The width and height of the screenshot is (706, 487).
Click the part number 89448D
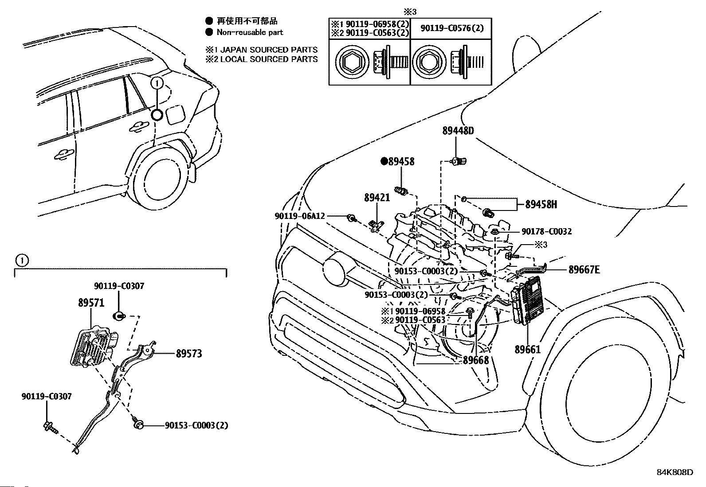[x=458, y=131]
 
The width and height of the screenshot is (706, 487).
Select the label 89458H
[x=541, y=204]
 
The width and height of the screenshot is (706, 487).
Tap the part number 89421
[x=377, y=198]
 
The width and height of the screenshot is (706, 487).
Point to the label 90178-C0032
[x=546, y=231]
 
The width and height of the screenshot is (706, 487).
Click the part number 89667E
[x=584, y=269]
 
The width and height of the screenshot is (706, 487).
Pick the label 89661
[x=528, y=349]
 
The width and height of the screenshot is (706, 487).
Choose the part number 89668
[x=476, y=360]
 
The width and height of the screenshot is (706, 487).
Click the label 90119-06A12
[x=300, y=216]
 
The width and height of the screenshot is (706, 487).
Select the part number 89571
[x=91, y=303]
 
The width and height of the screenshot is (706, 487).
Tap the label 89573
[x=188, y=353]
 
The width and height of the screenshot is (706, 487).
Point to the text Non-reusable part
[x=249, y=32]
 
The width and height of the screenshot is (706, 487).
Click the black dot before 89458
[x=384, y=161]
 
